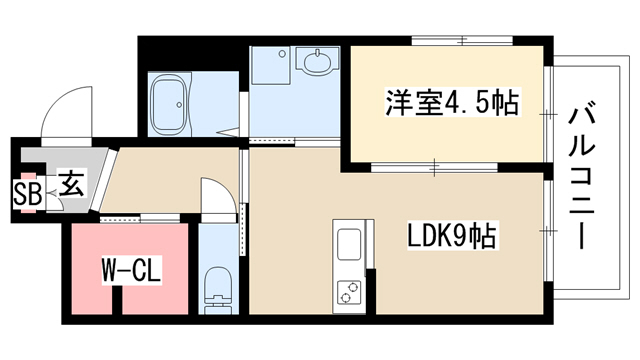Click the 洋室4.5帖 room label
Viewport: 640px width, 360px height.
[x=452, y=102]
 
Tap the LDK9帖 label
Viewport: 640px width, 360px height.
[x=452, y=235]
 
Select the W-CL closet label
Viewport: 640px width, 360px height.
[x=131, y=269]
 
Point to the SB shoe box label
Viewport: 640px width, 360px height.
[x=28, y=193]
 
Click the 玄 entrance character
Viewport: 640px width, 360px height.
[x=72, y=183]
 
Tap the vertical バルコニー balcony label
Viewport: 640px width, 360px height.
[x=582, y=179]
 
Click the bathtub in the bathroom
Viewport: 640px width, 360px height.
[x=169, y=105]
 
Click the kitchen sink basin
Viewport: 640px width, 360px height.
[x=349, y=244]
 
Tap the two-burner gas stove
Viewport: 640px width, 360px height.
[x=349, y=293]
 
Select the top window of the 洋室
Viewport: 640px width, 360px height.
[x=462, y=40]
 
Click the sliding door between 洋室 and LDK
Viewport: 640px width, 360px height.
[x=434, y=167]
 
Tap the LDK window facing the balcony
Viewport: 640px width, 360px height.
[x=548, y=231]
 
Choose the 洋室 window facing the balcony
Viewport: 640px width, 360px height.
[x=548, y=114]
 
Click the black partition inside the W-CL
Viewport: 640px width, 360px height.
[x=117, y=300]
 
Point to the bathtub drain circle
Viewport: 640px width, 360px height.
[x=179, y=105]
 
